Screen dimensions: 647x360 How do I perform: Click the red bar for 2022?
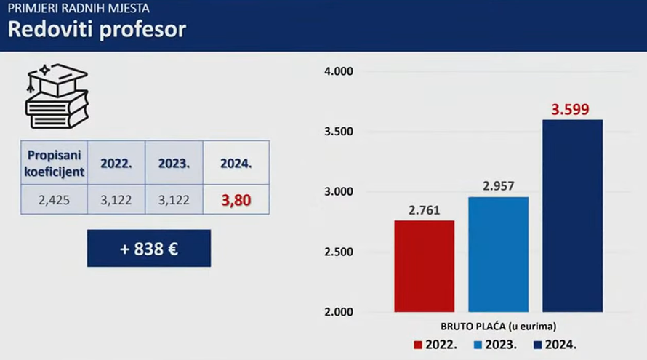point(424,266)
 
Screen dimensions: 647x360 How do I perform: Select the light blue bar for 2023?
point(499,255)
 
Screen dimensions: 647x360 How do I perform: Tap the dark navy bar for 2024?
point(573,216)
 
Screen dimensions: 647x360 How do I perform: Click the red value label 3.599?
point(570,109)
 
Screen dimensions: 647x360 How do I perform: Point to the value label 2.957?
point(499,185)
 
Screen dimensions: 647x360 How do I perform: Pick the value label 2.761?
point(424,210)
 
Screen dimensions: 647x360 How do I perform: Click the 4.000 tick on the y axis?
point(339,71)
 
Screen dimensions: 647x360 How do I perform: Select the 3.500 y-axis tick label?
point(339,132)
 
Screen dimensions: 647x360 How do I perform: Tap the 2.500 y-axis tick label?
point(339,252)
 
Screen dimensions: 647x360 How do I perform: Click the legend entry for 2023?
point(495,345)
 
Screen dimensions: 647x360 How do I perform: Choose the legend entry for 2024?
point(555,345)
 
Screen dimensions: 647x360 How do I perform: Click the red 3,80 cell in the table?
point(236,200)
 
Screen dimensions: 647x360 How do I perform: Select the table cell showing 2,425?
point(54,200)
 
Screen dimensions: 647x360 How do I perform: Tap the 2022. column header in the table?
point(116,163)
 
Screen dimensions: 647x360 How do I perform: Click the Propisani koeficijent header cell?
point(54,163)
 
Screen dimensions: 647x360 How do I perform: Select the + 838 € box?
point(149,249)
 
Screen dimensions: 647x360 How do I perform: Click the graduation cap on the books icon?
point(57,79)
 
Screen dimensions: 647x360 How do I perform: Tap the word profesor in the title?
point(142,30)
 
